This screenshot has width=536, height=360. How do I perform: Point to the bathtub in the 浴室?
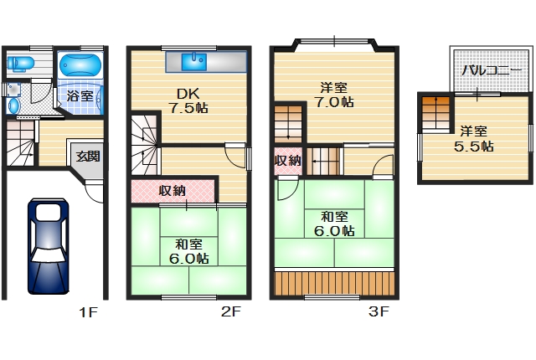(x=80, y=64)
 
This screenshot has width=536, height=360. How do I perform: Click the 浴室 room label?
(x=80, y=95)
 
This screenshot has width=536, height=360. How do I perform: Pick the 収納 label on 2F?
(x=173, y=191)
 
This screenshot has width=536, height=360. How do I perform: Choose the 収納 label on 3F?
(x=287, y=160)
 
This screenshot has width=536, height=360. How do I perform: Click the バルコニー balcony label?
(x=485, y=70)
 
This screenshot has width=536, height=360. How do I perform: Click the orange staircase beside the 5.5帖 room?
(x=435, y=112)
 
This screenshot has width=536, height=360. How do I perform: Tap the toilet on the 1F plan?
(x=19, y=63)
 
